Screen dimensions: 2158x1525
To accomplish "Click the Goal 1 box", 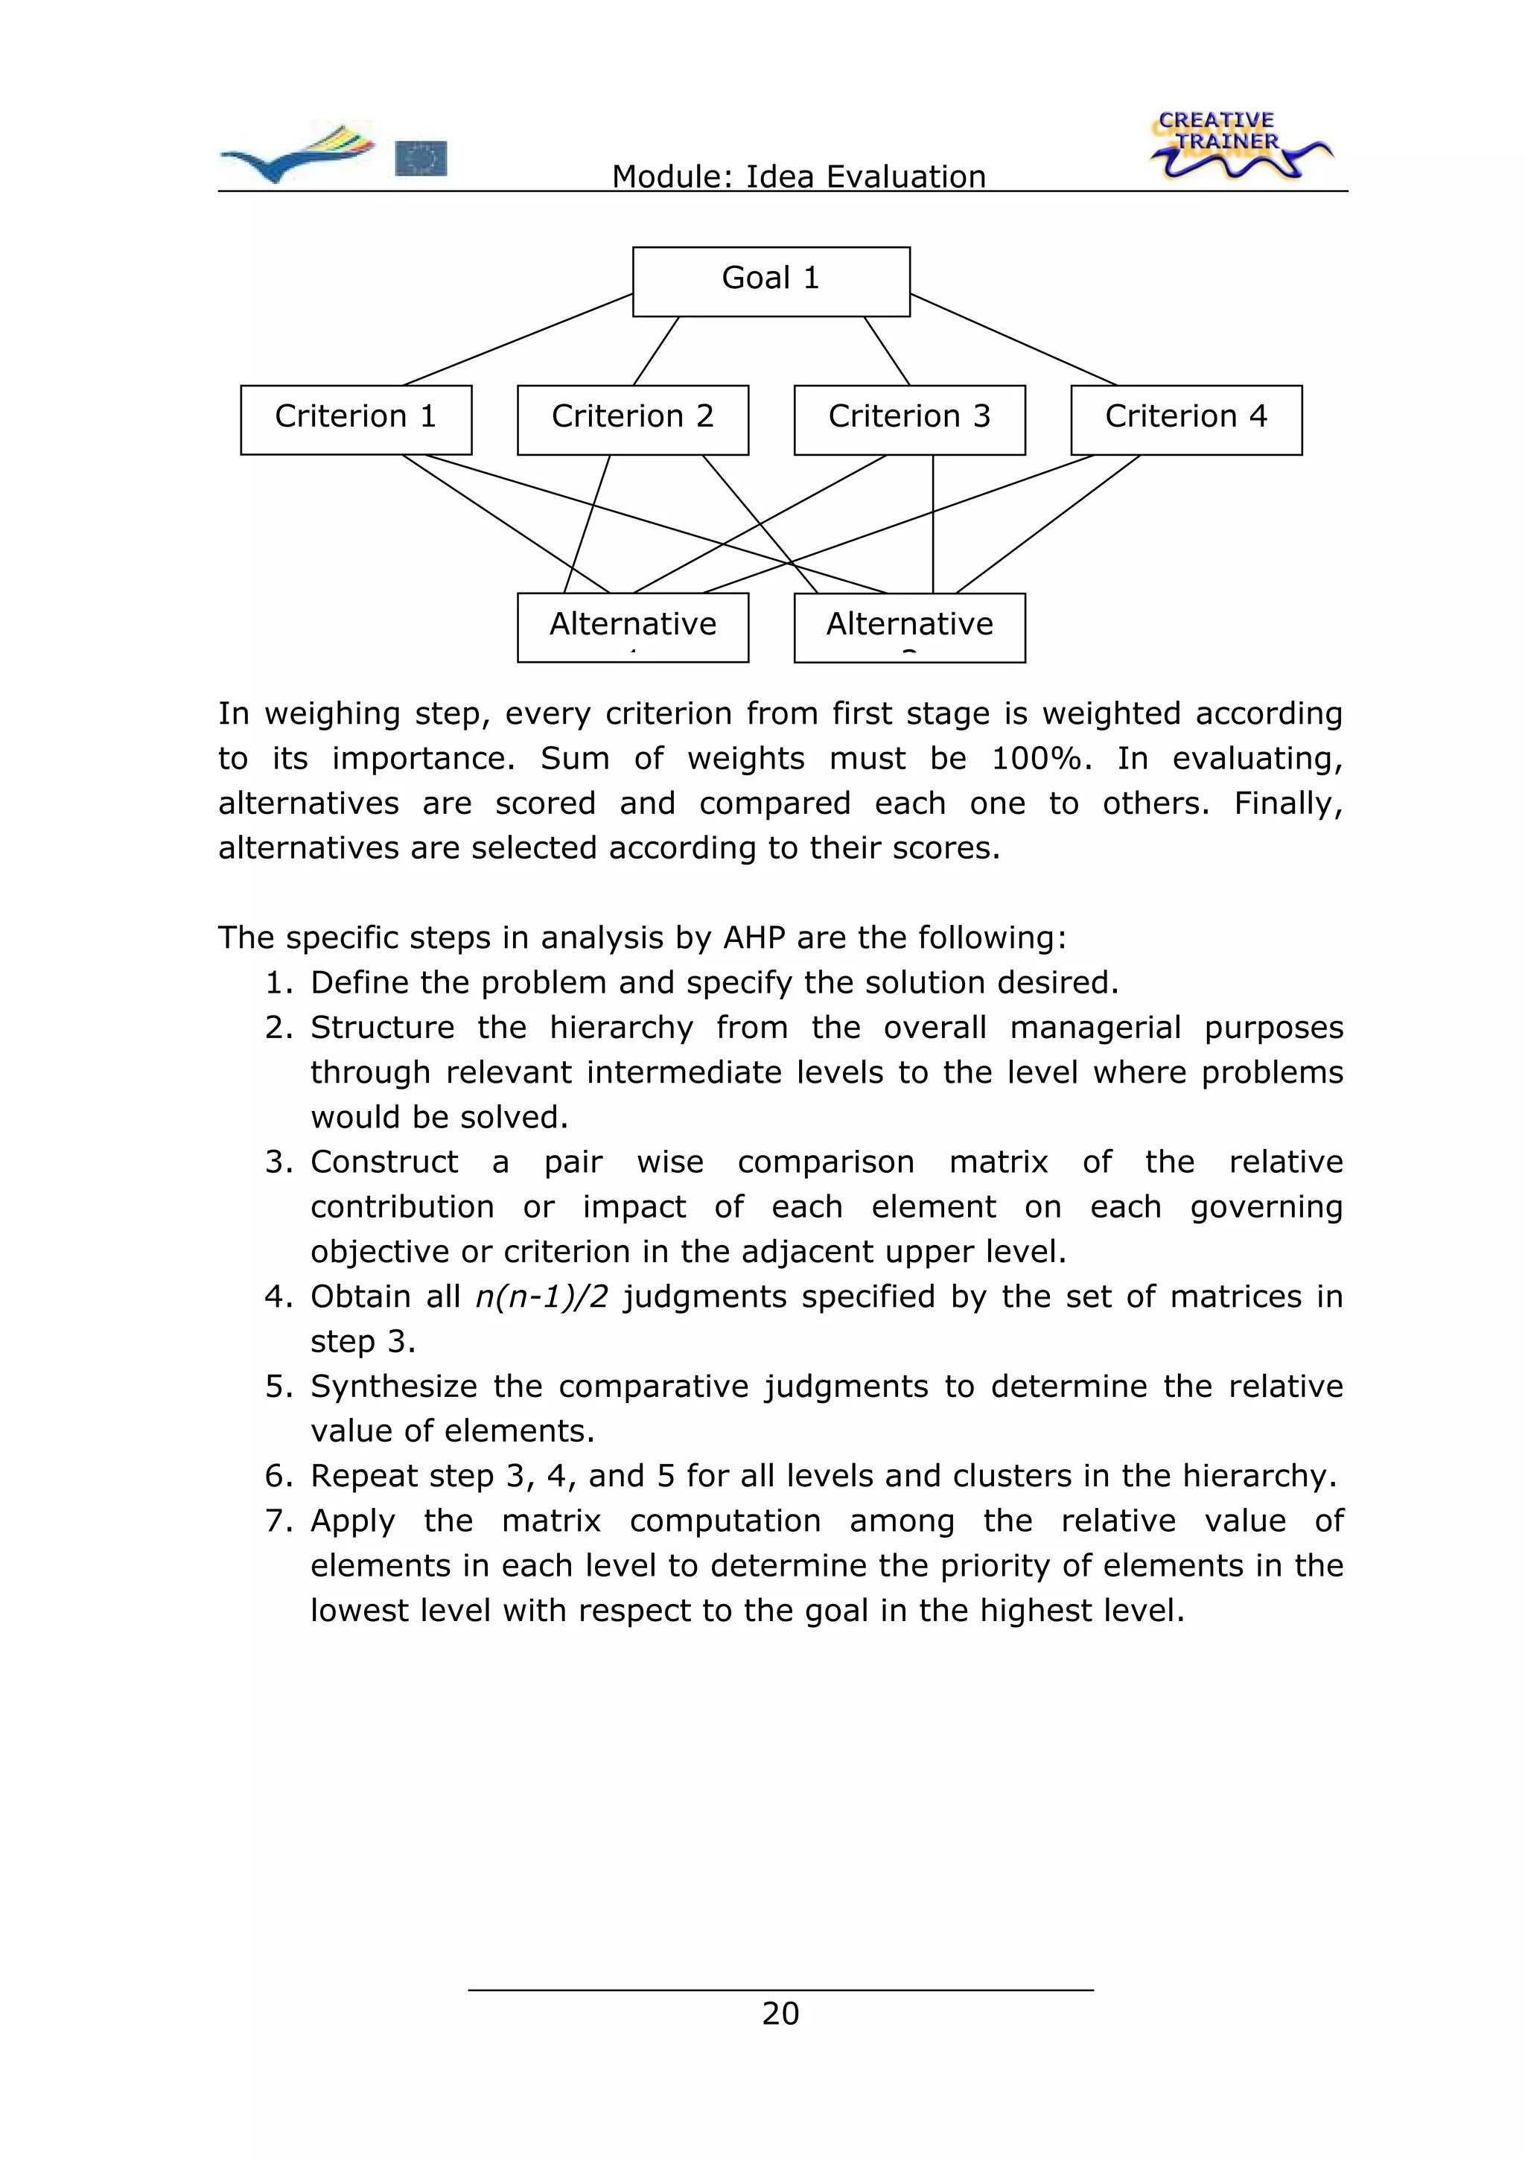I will (771, 281).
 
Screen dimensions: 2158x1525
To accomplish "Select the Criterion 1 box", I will (355, 419).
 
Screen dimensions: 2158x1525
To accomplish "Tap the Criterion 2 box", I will (632, 419).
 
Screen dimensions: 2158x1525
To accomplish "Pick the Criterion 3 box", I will (908, 419).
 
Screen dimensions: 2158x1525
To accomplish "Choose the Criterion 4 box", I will (1185, 419).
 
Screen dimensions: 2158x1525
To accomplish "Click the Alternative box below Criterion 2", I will (632, 627).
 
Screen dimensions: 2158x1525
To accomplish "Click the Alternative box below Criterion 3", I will (908, 627).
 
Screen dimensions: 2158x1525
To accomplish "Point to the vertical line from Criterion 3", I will (933, 523).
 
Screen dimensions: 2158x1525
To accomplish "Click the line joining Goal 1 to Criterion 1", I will (518, 340).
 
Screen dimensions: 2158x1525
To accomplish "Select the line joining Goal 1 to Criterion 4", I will (1013, 340).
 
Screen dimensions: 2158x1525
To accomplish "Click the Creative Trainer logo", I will (1237, 146).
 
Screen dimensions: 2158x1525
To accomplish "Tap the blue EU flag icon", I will (421, 158).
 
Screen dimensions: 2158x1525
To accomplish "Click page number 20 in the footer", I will (780, 2014).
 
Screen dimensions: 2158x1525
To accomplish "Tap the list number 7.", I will (278, 1520).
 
